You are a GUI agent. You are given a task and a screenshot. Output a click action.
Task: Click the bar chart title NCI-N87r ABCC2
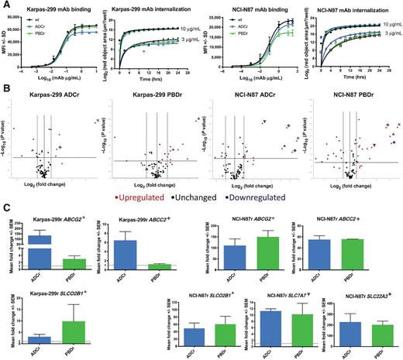point(339,219)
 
